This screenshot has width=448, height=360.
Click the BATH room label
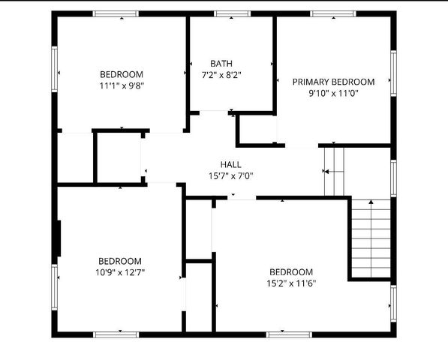tap(221, 63)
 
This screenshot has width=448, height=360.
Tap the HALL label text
tap(231, 164)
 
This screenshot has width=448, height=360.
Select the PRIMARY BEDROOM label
tap(333, 82)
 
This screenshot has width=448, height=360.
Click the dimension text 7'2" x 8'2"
tap(221, 75)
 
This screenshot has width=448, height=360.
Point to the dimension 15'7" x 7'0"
tap(231, 176)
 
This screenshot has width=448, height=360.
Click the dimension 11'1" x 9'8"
tap(121, 85)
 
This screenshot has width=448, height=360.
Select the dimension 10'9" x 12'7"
tap(120, 272)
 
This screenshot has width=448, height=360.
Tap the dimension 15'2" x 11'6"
tap(291, 283)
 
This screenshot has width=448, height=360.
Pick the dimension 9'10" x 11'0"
tap(333, 94)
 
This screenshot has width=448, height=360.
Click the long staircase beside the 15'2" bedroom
tap(371, 238)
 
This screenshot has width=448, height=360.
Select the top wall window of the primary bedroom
tap(333, 13)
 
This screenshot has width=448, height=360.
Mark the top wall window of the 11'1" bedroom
tap(116, 13)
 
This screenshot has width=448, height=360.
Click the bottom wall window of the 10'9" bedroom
tap(116, 334)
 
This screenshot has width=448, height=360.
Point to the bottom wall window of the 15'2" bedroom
tap(289, 334)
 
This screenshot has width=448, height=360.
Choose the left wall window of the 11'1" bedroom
tap(54, 70)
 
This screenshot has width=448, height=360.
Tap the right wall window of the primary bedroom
tap(392, 73)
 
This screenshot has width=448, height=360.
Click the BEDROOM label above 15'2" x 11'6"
tap(291, 271)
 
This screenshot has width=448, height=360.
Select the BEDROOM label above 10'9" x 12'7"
tap(120, 260)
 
